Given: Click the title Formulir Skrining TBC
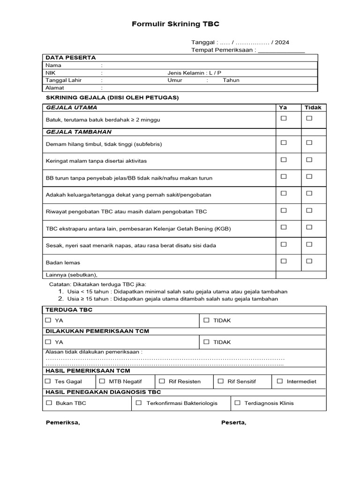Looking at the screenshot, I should coord(175,24).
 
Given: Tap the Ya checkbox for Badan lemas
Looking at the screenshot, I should coord(284,261).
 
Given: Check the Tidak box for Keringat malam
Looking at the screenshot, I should coord(309,160).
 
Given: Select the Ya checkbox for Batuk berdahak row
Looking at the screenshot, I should coord(284,119).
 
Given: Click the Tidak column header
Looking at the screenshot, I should coord(313,107).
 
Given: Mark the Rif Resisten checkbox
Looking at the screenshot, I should coord(162,381).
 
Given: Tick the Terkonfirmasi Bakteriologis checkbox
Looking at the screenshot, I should coord(139,403).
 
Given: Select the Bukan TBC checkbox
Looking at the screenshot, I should coord(49,403).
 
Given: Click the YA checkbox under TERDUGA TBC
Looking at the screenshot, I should coord(48,320).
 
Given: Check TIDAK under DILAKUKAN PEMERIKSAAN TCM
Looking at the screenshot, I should coord(206,342).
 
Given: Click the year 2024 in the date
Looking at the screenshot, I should coord(282,42).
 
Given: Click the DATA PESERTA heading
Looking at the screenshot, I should coord(71,58).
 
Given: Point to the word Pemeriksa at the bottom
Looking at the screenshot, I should coord(63,422).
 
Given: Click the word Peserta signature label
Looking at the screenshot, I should coord(233,422).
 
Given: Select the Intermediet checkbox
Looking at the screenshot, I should coord(280,381).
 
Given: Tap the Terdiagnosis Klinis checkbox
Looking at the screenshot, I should coord(237,403).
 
